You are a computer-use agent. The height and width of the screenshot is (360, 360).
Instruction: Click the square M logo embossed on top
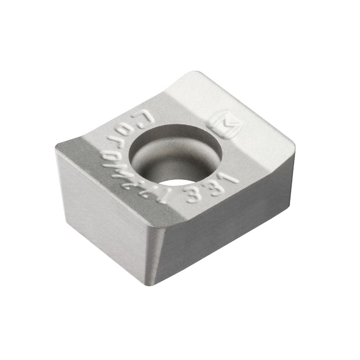(x=224, y=123)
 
